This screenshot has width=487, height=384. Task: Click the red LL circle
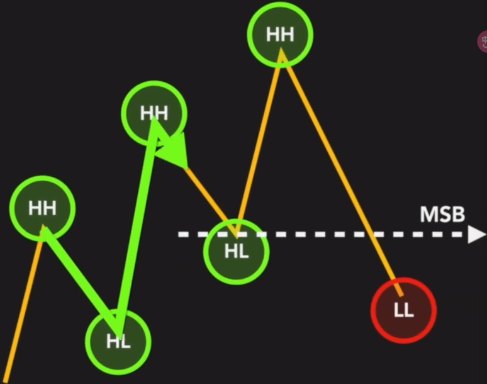click(x=403, y=310)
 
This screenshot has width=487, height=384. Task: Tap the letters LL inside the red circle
click(x=403, y=310)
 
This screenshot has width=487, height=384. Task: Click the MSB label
click(x=442, y=215)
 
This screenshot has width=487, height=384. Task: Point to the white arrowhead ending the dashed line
click(x=476, y=234)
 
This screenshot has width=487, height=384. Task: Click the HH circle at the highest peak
click(x=280, y=34)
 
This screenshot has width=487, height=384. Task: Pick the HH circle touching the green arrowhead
click(x=154, y=113)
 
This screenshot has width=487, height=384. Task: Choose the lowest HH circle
click(x=42, y=208)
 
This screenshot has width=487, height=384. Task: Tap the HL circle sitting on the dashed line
click(x=237, y=251)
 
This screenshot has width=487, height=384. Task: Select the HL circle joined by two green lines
click(x=118, y=341)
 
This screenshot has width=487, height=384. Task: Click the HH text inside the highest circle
click(x=280, y=34)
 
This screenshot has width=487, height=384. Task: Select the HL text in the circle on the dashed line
click(x=237, y=251)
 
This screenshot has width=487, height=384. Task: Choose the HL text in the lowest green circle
click(x=118, y=342)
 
